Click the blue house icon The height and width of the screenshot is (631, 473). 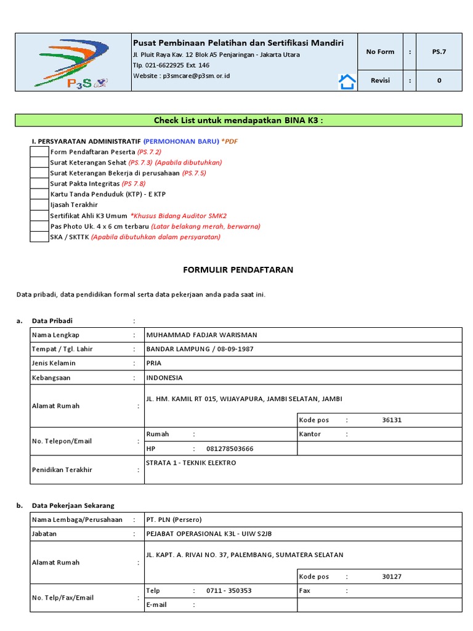[347, 81]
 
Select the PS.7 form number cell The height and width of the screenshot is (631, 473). [439, 52]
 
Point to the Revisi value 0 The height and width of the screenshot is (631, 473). [439, 81]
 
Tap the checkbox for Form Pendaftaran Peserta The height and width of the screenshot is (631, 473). [39, 152]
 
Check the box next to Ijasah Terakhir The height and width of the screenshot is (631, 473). [39, 205]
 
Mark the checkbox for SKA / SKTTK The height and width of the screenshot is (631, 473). [39, 237]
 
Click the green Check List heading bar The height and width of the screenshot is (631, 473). [238, 120]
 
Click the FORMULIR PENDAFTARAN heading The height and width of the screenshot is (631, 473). [238, 270]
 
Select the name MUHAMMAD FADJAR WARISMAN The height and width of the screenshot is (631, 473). [201, 335]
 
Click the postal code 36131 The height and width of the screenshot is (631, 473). [392, 420]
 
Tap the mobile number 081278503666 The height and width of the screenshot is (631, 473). [230, 449]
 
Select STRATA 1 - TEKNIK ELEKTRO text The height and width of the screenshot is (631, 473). [191, 463]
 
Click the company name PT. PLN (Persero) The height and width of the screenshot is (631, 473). [174, 519]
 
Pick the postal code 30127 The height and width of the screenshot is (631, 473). [392, 577]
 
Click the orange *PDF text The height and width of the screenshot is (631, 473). [229, 141]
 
